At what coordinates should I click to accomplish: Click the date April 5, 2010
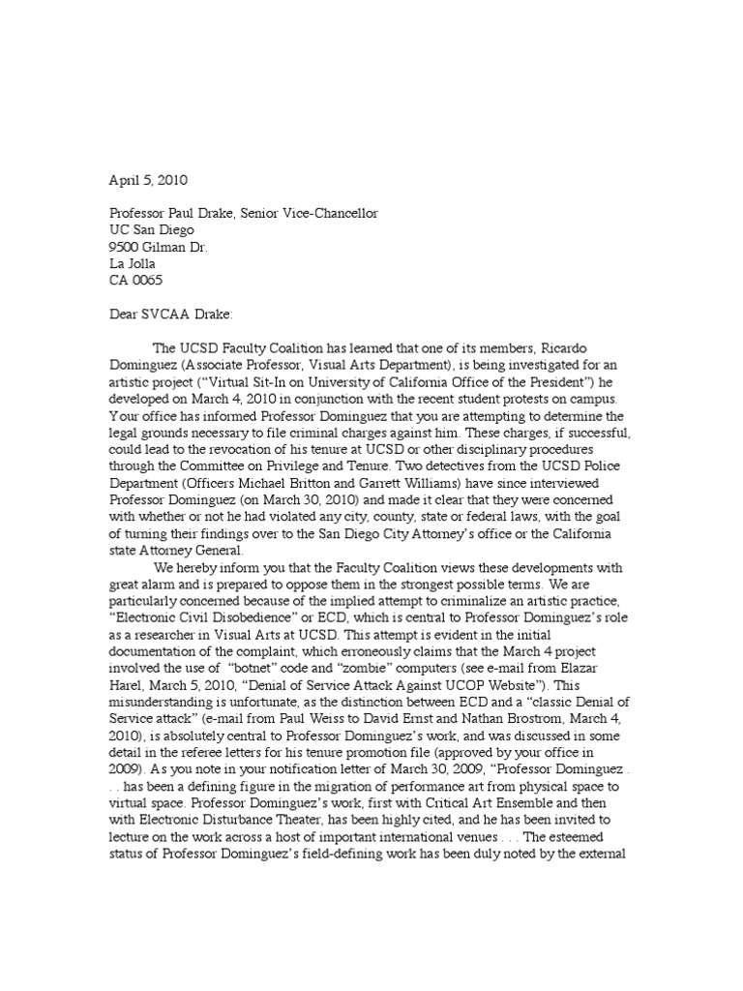click(146, 180)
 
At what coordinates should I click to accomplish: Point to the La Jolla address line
click(132, 263)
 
